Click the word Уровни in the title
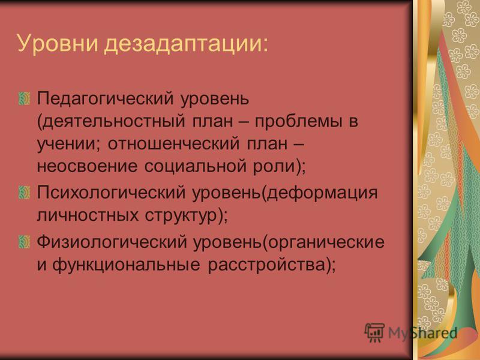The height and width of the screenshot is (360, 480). (57, 43)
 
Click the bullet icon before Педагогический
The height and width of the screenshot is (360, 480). (24, 98)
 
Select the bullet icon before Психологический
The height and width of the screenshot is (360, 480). (24, 192)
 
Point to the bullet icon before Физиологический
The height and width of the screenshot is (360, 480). (24, 242)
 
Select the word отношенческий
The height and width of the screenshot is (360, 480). (173, 144)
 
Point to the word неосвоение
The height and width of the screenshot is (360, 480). (87, 166)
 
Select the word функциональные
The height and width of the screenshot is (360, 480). (126, 265)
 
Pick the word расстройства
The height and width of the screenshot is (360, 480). (266, 265)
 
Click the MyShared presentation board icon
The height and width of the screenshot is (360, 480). (374, 332)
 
